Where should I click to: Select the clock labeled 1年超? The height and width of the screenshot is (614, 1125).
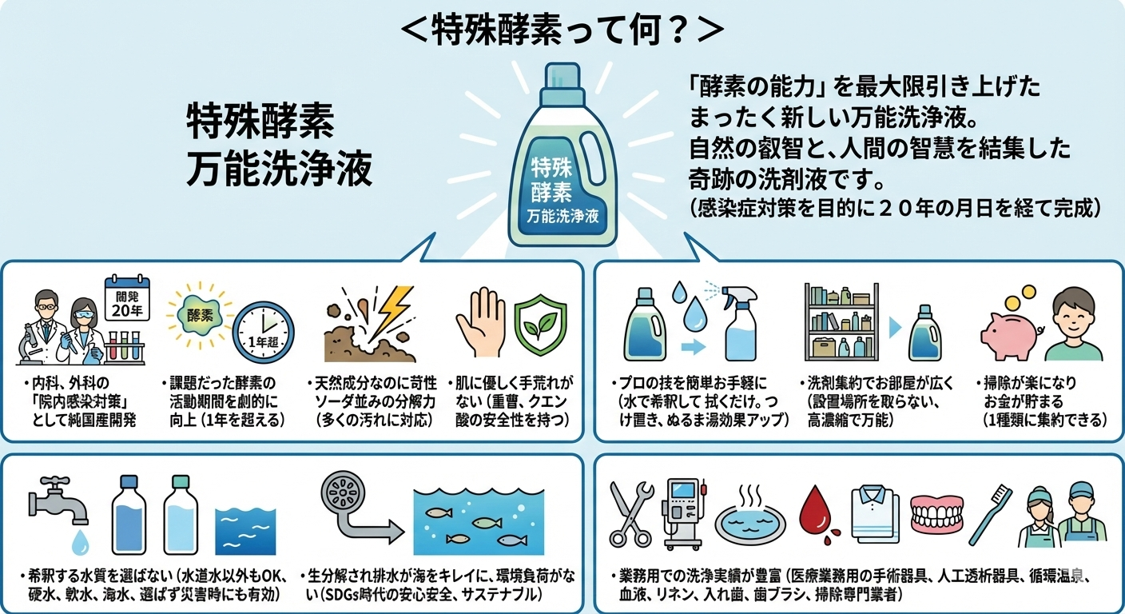pyautogui.click(x=263, y=332)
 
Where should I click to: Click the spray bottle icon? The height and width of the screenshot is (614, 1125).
pyautogui.click(x=738, y=323)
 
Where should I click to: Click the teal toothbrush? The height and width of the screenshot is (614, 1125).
pyautogui.click(x=989, y=514)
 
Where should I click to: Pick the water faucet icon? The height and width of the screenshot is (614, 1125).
pyautogui.click(x=58, y=502)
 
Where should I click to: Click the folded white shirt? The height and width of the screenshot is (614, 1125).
pyautogui.click(x=875, y=514)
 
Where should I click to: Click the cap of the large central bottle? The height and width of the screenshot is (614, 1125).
pyautogui.click(x=562, y=79)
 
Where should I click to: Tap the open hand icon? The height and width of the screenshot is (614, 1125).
pyautogui.click(x=480, y=321)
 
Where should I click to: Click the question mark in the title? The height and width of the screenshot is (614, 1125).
pyautogui.click(x=677, y=30)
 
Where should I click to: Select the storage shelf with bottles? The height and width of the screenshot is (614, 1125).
pyautogui.click(x=841, y=322)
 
